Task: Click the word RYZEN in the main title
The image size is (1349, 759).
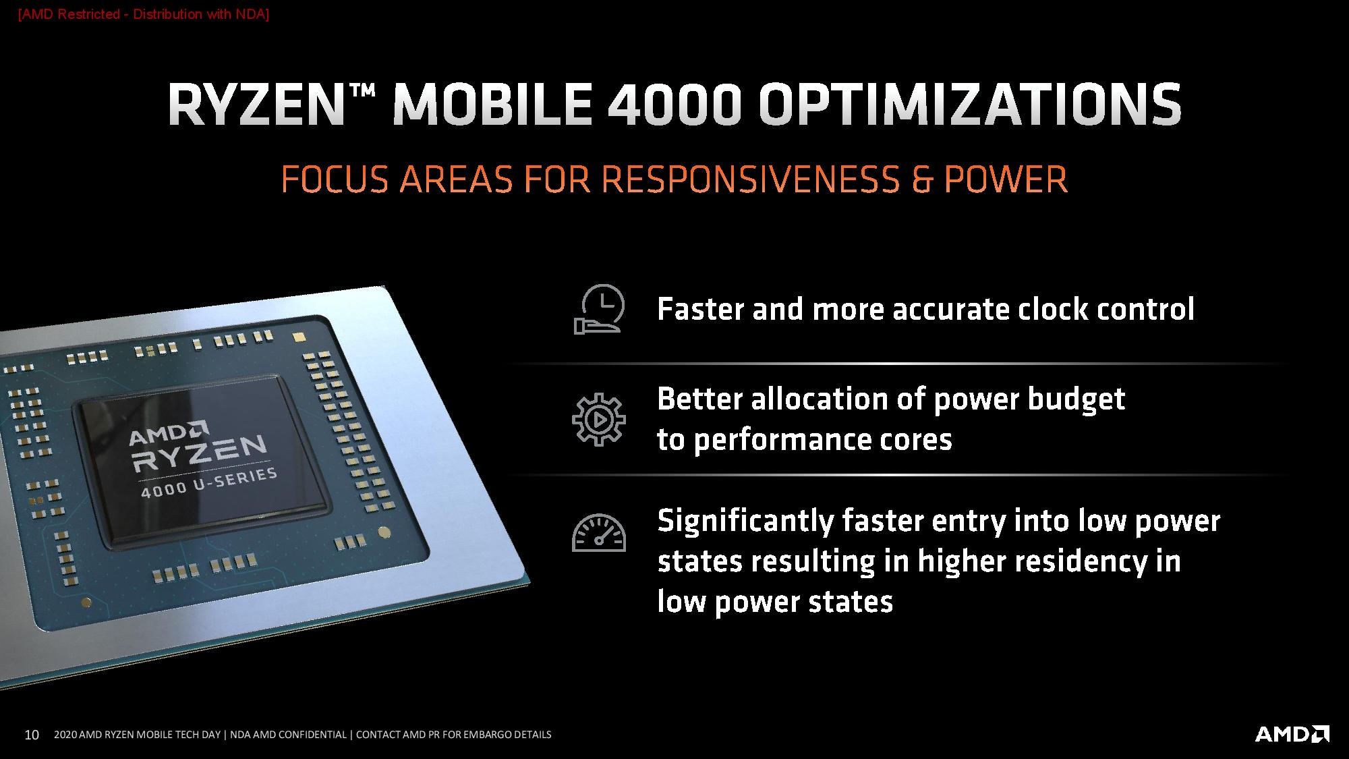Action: click(x=253, y=105)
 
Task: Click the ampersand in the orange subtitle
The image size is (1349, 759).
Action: click(x=921, y=179)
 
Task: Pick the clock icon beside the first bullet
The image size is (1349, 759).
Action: click(x=599, y=310)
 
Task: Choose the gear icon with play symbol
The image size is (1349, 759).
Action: click(x=599, y=419)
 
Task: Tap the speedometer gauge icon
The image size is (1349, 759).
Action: click(x=599, y=533)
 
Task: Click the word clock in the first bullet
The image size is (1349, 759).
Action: click(x=1052, y=309)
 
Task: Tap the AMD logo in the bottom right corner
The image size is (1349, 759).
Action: click(x=1292, y=734)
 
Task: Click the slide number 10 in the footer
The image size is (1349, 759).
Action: click(x=32, y=735)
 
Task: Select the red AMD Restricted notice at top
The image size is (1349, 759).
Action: click(x=144, y=14)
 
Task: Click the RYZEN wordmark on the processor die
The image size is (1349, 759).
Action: click(x=200, y=454)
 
